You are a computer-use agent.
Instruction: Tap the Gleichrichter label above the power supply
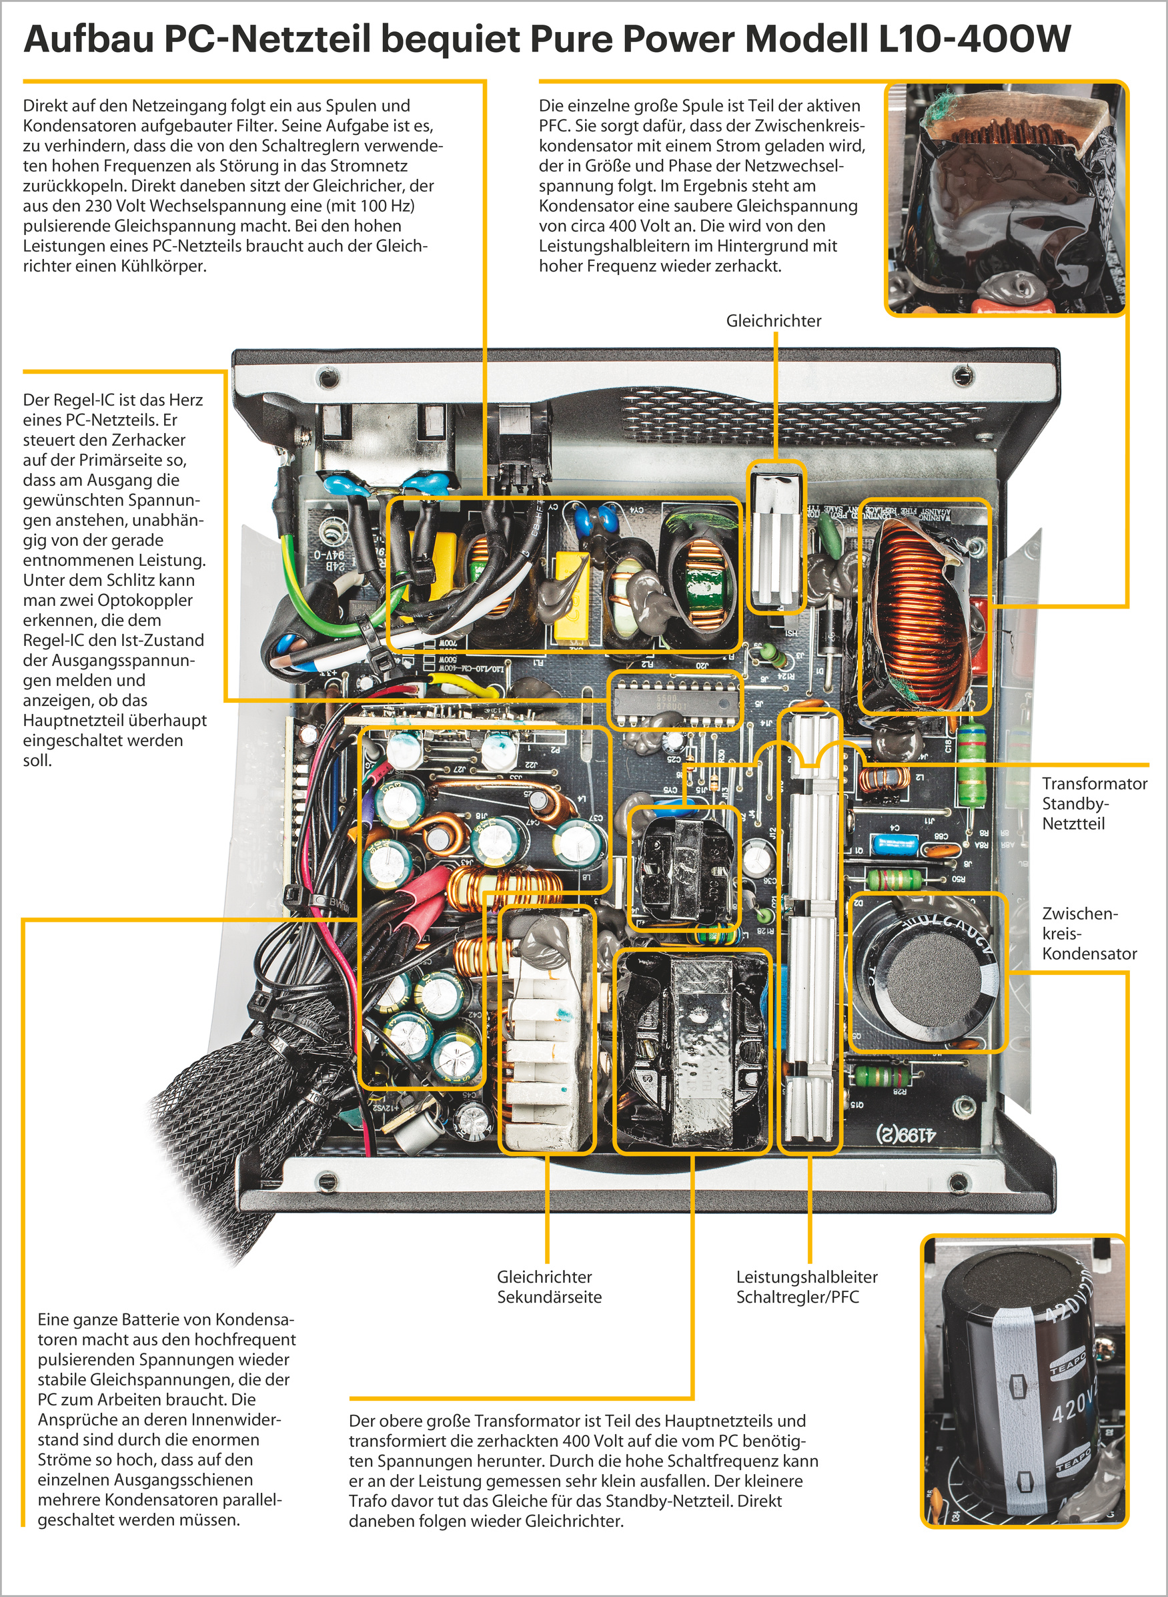point(774,320)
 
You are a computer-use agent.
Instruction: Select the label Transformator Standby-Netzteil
point(1094,803)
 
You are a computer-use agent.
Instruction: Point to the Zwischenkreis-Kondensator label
point(1089,933)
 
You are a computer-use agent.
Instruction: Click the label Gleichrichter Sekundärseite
point(549,1287)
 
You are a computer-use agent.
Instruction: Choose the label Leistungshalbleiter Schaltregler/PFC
point(806,1287)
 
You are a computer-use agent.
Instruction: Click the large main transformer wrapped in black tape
point(692,1052)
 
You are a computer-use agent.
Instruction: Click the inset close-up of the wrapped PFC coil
point(1005,198)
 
